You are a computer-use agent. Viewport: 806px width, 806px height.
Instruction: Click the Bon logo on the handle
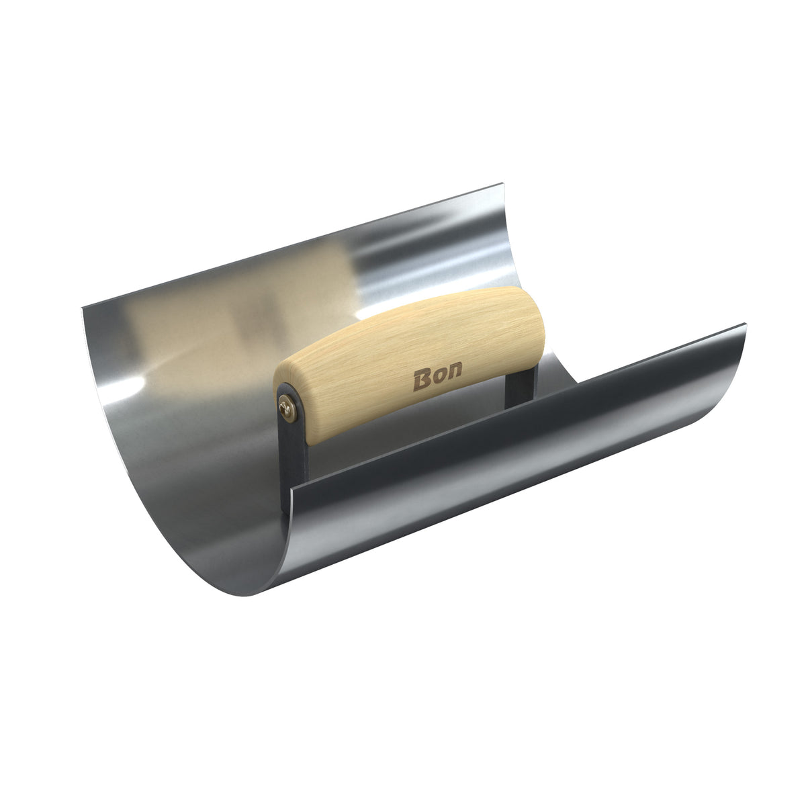437,376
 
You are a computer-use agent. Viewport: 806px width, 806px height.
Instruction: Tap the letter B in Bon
422,381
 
